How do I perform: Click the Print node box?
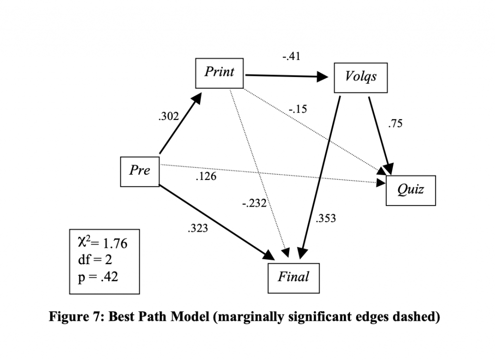tap(219, 73)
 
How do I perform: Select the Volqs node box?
tap(361, 77)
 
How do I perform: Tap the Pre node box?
tap(140, 171)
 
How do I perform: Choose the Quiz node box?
tap(410, 190)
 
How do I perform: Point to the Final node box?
tap(293, 277)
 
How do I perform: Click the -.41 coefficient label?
tap(291, 57)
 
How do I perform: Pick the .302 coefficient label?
tap(169, 116)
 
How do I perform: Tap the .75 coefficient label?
tap(395, 124)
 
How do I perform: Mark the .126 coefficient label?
tap(206, 177)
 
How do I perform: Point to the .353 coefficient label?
tap(325, 219)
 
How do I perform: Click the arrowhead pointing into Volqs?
tap(325, 76)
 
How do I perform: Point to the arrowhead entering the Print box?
tap(196, 98)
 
